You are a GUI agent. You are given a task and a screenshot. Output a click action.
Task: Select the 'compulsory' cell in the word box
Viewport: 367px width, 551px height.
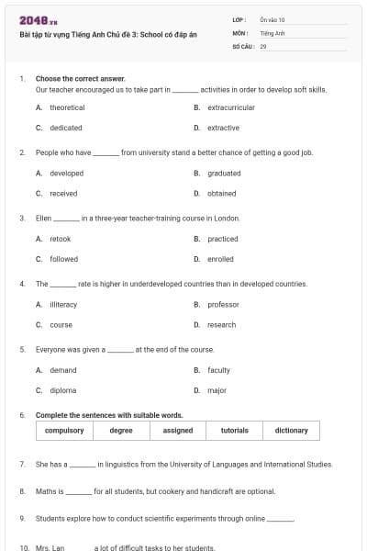64,430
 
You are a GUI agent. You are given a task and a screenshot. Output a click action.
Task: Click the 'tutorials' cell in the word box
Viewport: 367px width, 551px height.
235,430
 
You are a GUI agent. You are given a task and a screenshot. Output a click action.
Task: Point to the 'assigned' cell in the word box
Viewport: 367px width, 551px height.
178,430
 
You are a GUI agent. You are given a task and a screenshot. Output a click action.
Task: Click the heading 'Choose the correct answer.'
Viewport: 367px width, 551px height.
81,79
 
